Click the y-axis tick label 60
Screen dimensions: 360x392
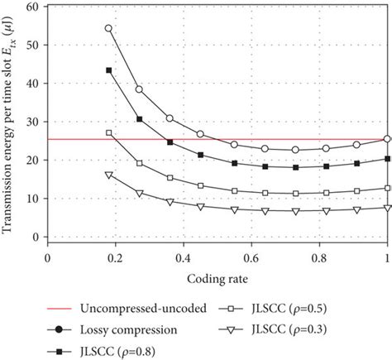(34, 7)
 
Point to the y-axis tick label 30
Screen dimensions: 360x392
(34, 122)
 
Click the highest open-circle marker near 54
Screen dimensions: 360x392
(108, 28)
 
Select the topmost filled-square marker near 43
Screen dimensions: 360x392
(108, 70)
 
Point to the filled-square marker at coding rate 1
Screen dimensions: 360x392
(387, 159)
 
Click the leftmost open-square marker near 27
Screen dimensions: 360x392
(108, 132)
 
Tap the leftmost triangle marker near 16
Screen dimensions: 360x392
(108, 175)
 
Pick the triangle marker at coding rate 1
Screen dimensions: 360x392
(387, 208)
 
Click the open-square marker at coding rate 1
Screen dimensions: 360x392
(387, 188)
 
